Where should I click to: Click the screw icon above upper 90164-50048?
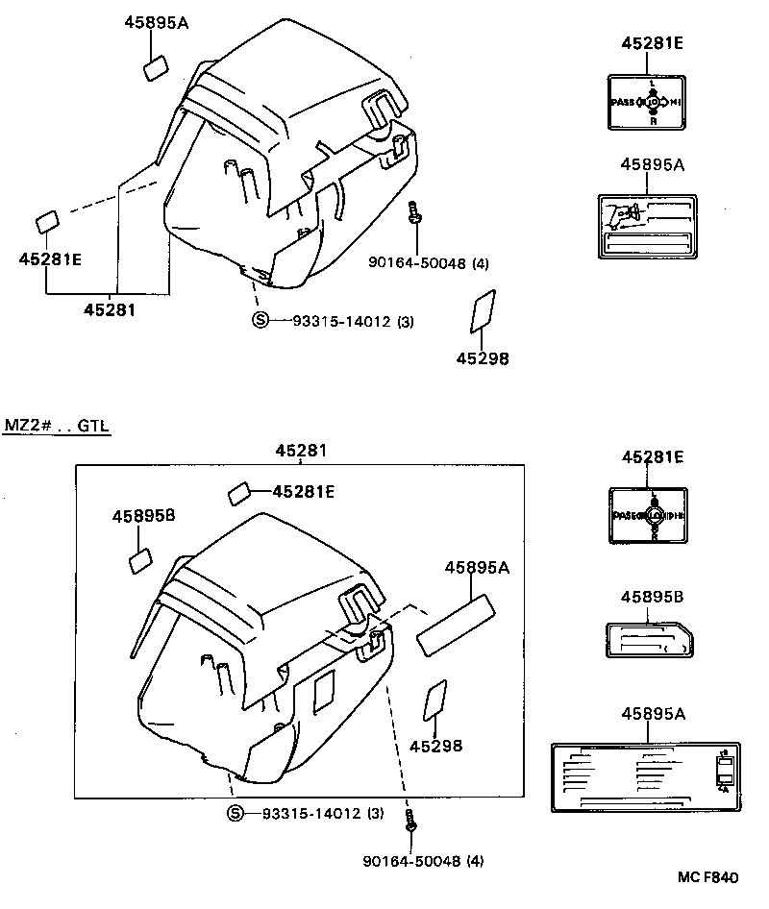[x=413, y=214]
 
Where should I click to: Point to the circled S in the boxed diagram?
[x=236, y=813]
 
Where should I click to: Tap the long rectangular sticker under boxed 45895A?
[x=456, y=626]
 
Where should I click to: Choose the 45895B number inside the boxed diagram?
[x=142, y=516]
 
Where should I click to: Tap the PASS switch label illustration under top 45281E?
[x=647, y=101]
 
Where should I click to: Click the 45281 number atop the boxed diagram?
[x=300, y=450]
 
